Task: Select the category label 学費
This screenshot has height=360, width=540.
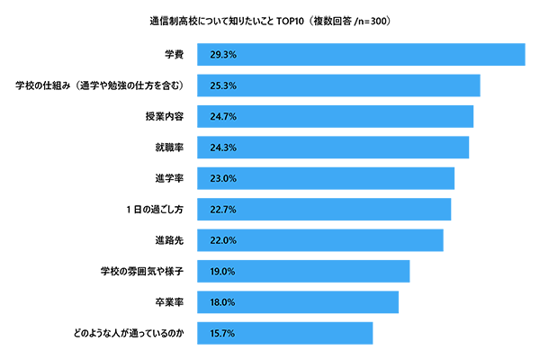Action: coord(174,55)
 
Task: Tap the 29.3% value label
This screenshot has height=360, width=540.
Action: coord(222,55)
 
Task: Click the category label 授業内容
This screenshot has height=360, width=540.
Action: coord(165,117)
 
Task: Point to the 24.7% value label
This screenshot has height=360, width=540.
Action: coord(222,117)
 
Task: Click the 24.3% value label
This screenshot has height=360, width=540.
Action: coord(222,148)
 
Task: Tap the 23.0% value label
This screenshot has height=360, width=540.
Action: coord(222,178)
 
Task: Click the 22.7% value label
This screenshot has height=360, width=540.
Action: coord(222,210)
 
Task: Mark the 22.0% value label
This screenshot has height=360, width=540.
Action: coord(222,240)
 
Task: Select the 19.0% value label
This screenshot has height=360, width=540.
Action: coord(222,271)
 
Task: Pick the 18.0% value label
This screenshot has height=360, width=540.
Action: coord(222,302)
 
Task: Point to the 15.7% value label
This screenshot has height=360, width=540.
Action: coord(222,333)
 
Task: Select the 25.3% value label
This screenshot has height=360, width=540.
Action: coord(222,86)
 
